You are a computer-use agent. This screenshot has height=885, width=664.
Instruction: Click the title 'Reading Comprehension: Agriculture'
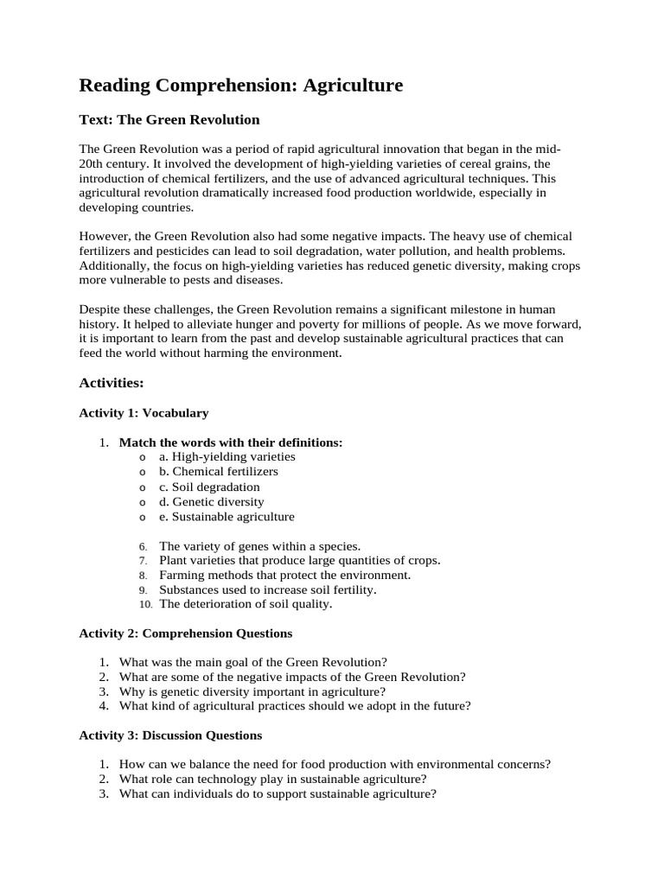(x=240, y=86)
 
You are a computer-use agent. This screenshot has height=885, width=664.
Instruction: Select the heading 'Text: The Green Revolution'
(x=169, y=119)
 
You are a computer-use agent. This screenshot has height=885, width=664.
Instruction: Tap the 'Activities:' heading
(x=112, y=382)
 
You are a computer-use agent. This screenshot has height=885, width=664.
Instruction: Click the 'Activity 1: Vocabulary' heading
(x=144, y=413)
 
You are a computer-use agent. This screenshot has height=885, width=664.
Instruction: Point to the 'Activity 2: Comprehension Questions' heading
(x=185, y=634)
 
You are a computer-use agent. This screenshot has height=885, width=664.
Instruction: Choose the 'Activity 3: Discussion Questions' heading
(x=170, y=735)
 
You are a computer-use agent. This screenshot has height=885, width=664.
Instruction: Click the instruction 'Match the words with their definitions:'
(x=230, y=442)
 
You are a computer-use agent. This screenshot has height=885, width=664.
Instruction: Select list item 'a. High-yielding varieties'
(x=227, y=456)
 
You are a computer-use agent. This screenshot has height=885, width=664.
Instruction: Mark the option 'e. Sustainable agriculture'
(x=227, y=517)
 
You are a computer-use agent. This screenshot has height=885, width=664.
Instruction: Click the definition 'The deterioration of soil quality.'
(x=246, y=604)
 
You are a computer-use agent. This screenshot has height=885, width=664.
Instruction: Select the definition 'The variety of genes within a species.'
(x=259, y=546)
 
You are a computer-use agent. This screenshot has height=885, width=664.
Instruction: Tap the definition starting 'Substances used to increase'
(x=268, y=589)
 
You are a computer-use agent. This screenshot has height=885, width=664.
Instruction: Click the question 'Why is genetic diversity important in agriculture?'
(x=252, y=691)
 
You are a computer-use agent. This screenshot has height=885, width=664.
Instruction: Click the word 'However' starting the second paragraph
(x=104, y=236)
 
